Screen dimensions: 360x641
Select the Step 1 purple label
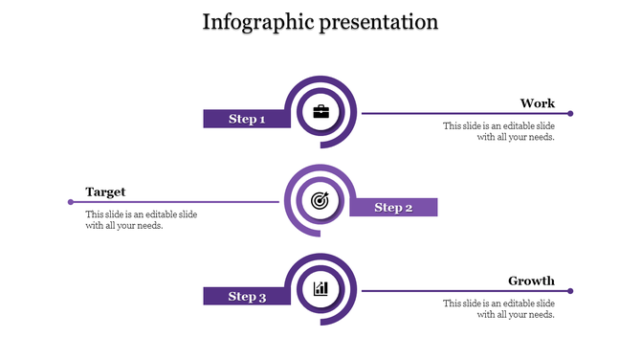(x=245, y=119)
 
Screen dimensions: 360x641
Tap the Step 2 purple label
(x=393, y=208)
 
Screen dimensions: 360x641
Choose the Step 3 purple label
(x=246, y=297)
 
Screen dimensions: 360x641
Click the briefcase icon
(x=320, y=113)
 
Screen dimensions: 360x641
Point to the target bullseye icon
(x=320, y=201)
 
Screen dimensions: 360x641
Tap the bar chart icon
(x=320, y=289)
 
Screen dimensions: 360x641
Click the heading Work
(x=537, y=103)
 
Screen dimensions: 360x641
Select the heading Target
(x=105, y=191)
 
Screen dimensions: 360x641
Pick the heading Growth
(x=531, y=281)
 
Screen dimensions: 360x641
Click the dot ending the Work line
(x=570, y=114)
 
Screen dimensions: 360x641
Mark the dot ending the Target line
(x=71, y=202)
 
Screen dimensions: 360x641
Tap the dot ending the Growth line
(x=570, y=291)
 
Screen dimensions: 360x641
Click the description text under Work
(x=498, y=131)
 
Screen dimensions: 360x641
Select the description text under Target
(x=141, y=220)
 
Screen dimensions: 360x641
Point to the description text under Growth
(x=498, y=308)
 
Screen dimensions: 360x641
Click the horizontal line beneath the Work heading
(x=459, y=114)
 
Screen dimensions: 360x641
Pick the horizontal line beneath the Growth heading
(x=459, y=291)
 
